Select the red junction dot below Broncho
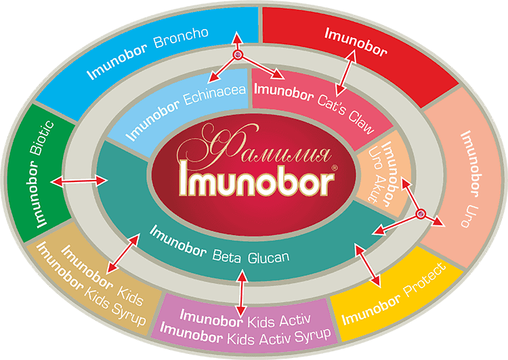238,55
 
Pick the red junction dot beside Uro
421,215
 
